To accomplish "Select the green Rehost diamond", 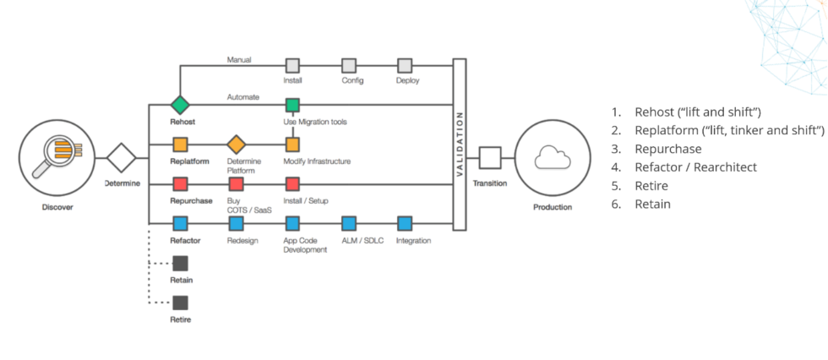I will (x=179, y=105).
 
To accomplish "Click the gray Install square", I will (x=292, y=65).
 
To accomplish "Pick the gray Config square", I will (x=348, y=65).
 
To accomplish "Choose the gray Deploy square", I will (x=405, y=65).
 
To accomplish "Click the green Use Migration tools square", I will (x=292, y=105).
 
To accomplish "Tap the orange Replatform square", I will (x=179, y=144).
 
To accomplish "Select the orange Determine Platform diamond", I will (x=236, y=144).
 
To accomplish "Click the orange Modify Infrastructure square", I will (x=292, y=144).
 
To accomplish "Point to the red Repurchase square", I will (x=179, y=183).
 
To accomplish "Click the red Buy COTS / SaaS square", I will (x=236, y=183).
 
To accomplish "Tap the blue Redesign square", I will (x=236, y=223).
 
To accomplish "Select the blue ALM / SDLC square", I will (x=348, y=223).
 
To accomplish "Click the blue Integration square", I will (x=405, y=223).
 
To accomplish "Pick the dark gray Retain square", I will (x=179, y=263).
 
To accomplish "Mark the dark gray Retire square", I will (x=179, y=302).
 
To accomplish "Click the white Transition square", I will (x=490, y=156).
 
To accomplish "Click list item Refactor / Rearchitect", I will (x=695, y=167).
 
